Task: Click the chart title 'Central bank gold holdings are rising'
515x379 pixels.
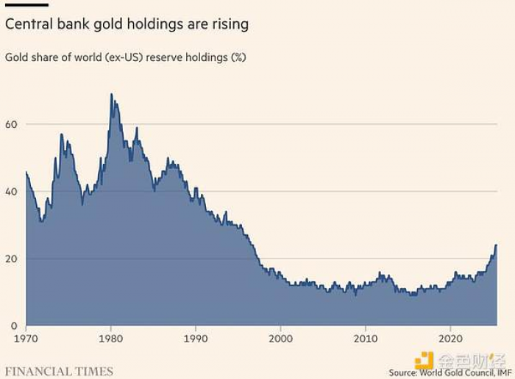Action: point(127,24)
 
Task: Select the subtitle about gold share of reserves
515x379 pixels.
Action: point(125,57)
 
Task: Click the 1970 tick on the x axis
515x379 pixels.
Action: point(26,339)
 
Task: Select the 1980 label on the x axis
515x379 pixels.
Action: point(110,339)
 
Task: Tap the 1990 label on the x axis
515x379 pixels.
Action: point(195,339)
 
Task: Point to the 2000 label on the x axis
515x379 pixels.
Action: point(280,339)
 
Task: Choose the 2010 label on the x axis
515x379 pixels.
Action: point(364,339)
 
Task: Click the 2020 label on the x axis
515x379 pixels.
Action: point(449,339)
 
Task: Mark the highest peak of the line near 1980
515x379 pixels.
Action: point(111,94)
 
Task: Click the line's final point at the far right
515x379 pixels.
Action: point(496,245)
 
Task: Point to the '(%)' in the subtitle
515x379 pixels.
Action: point(238,57)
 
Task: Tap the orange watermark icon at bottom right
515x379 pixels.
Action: point(425,361)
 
